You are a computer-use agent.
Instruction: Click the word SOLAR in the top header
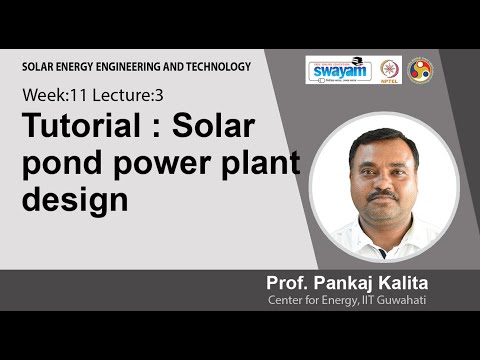pyautogui.click(x=41, y=67)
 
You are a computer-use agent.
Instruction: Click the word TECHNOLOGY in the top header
pyautogui.click(x=214, y=67)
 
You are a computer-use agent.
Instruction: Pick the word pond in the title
pyautogui.click(x=59, y=164)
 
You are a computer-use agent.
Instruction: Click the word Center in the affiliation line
pyautogui.click(x=286, y=299)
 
